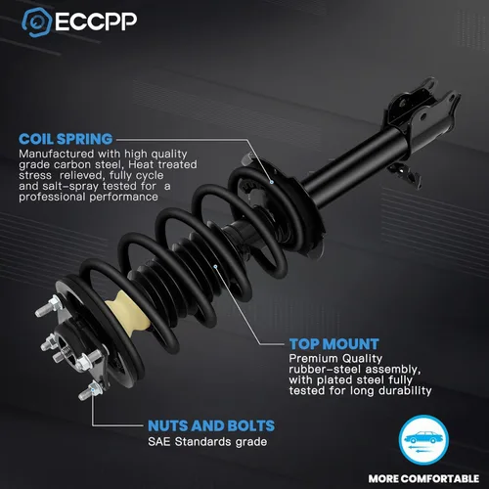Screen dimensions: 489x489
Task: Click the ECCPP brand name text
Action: click(96, 22)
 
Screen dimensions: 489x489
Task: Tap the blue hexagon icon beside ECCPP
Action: click(36, 22)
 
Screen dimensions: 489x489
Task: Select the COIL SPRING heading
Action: click(66, 139)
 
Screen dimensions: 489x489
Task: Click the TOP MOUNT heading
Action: click(334, 344)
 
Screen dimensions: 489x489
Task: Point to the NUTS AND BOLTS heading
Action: click(211, 425)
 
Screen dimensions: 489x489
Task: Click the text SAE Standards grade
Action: click(207, 442)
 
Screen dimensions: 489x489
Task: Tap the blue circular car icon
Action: click(423, 440)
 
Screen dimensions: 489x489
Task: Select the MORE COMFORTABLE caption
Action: click(423, 478)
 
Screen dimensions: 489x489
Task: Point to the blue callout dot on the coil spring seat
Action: click(271, 182)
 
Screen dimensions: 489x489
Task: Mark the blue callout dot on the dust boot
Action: click(215, 267)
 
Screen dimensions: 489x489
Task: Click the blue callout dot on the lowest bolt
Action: click(93, 389)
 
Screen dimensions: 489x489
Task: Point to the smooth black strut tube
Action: click(352, 165)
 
